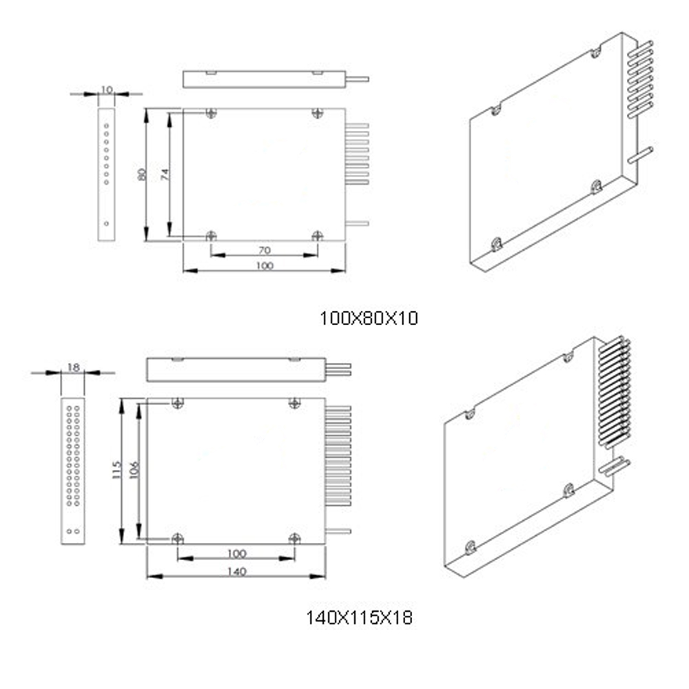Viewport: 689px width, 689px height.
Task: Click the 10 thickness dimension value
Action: pos(107,90)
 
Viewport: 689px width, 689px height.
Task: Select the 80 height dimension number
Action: pos(141,174)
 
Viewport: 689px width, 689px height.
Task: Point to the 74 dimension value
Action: pos(165,174)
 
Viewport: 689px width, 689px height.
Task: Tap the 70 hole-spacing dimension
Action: pos(265,251)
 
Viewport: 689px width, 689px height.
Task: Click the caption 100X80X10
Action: pos(369,318)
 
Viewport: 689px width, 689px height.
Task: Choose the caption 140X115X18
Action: pos(359,618)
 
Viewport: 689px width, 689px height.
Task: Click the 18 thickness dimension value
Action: pos(74,367)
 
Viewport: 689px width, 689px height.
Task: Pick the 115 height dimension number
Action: pos(116,470)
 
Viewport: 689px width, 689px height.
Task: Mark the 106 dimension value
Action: pos(134,470)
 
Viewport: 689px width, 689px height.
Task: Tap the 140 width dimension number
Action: pos(236,572)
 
